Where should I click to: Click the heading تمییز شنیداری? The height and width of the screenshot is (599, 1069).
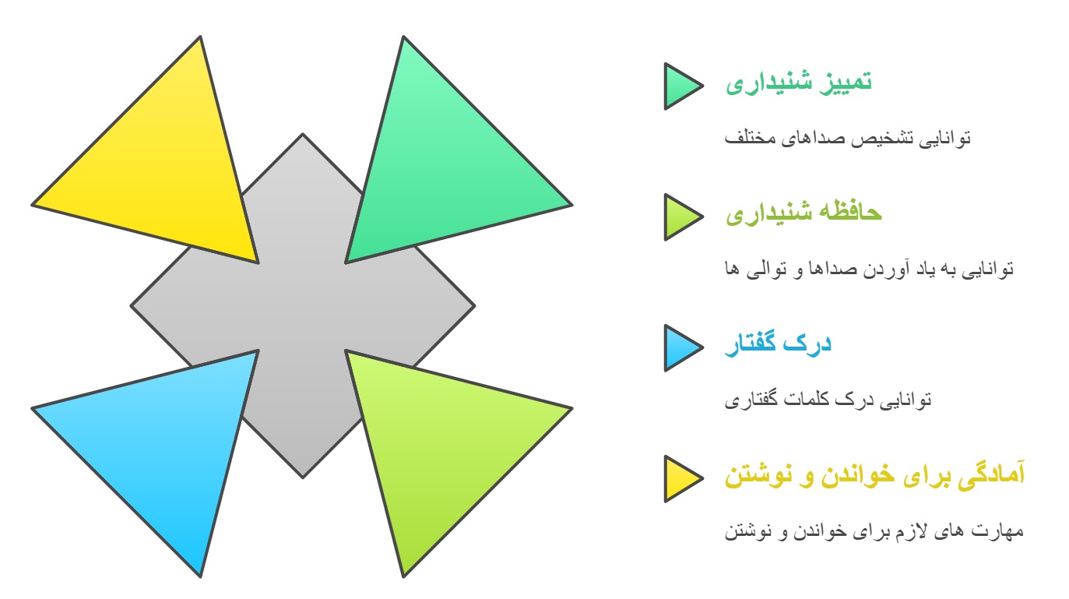pyautogui.click(x=799, y=82)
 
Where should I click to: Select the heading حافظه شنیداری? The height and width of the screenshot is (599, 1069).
pyautogui.click(x=804, y=213)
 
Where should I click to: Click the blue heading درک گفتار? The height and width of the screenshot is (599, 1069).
pyautogui.click(x=778, y=344)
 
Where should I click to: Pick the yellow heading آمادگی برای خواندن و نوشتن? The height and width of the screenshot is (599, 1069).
pyautogui.click(x=875, y=474)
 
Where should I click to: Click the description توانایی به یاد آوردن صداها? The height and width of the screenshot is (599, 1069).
pyautogui.click(x=869, y=270)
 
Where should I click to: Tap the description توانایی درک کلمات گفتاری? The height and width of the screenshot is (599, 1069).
pyautogui.click(x=828, y=400)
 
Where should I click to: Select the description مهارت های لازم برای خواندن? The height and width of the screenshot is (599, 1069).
pyautogui.click(x=874, y=530)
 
